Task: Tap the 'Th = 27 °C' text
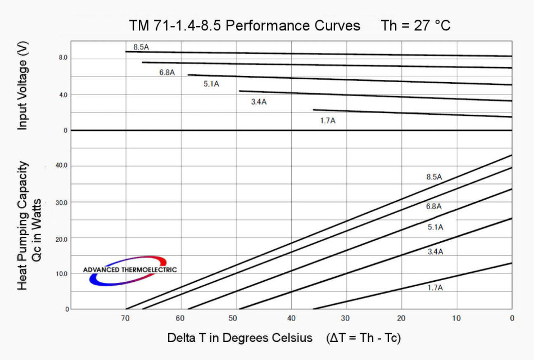(415, 26)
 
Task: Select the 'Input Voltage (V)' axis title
(22, 87)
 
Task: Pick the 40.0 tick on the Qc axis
(60, 165)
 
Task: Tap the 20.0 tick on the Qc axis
(60, 239)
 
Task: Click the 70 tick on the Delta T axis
(125, 318)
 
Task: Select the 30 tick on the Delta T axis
(346, 318)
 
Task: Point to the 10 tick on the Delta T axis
(456, 318)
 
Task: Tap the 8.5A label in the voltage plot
(141, 47)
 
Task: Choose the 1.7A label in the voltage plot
(328, 120)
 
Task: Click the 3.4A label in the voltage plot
(259, 102)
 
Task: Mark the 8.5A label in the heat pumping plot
(434, 177)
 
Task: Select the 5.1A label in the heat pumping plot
(436, 227)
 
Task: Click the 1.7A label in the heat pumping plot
(435, 287)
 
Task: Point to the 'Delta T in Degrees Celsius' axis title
(239, 338)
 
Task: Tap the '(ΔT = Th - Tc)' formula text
(363, 338)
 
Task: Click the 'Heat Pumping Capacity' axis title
(22, 225)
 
